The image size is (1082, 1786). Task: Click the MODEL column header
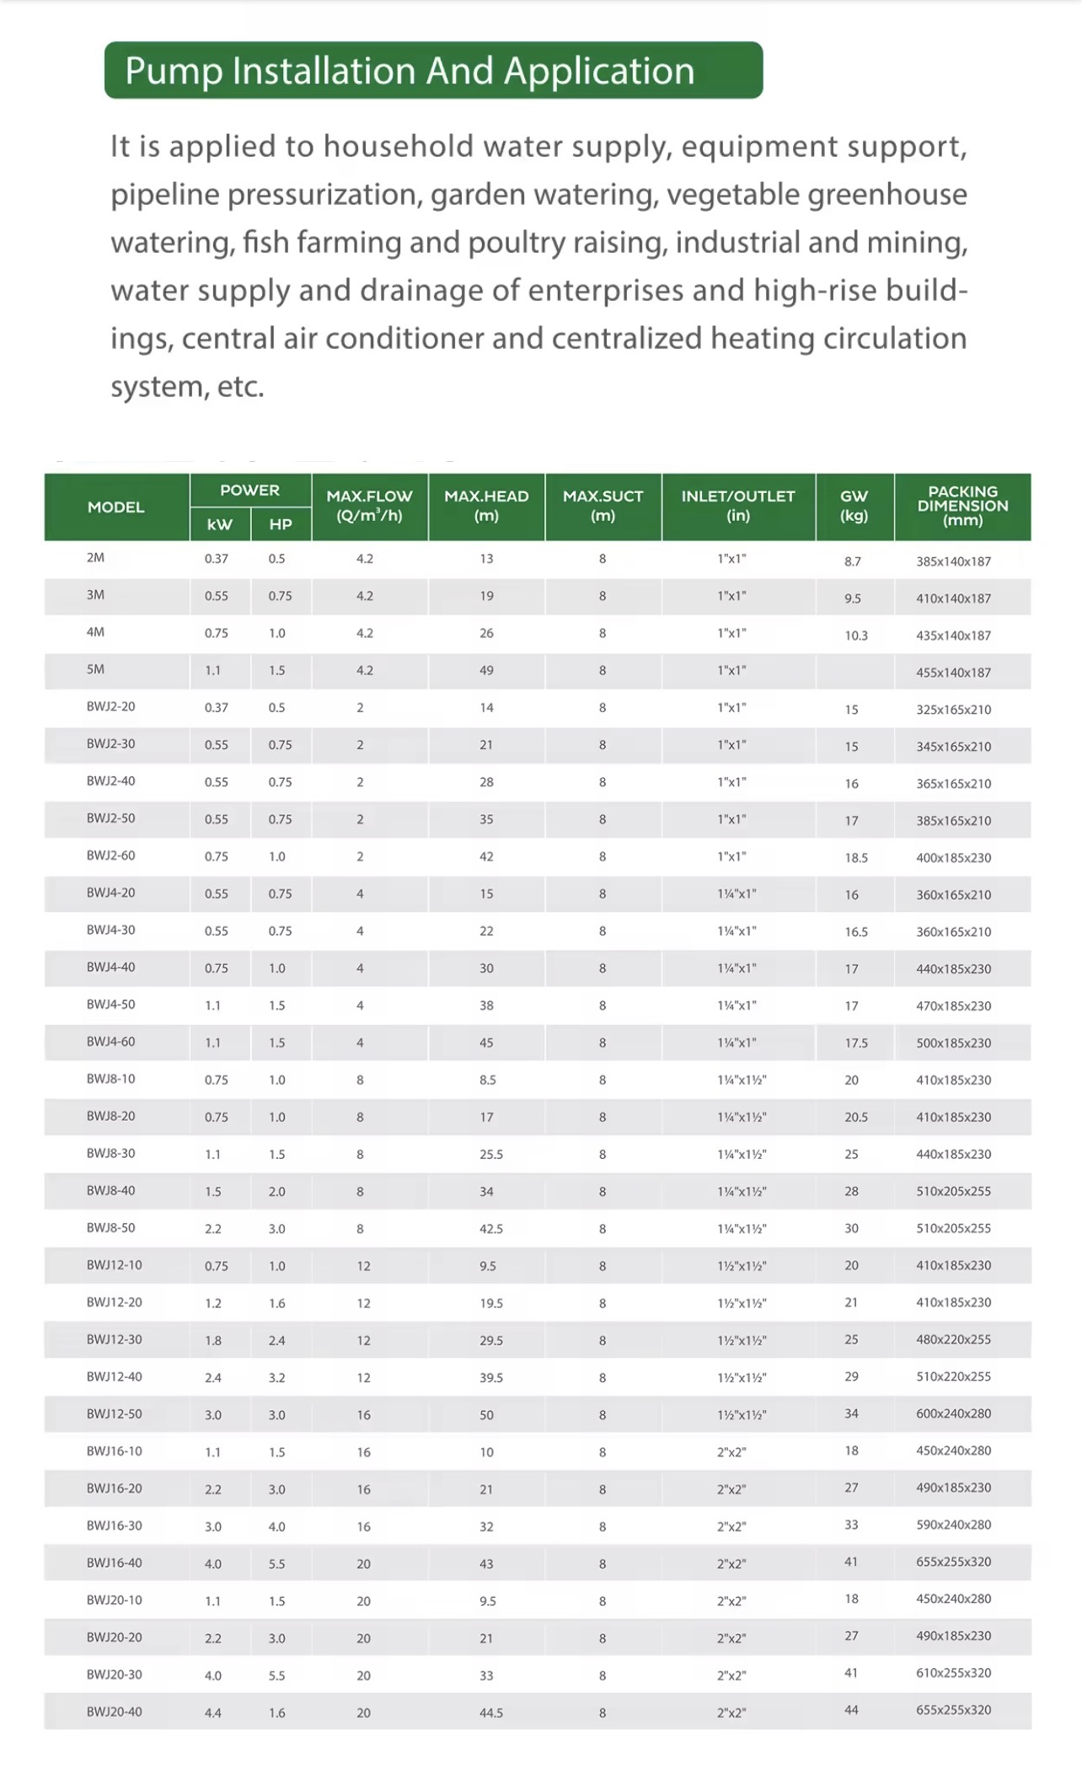point(116,507)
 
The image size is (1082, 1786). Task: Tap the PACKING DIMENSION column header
point(962,506)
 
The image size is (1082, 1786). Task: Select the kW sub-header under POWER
point(220,524)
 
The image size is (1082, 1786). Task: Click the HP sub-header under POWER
point(281,524)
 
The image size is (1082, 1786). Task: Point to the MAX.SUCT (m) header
point(603,506)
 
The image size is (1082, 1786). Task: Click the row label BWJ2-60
point(110,855)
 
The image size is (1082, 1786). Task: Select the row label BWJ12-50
point(114,1413)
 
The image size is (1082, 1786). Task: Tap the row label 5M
point(95,669)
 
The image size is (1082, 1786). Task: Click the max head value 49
point(486,671)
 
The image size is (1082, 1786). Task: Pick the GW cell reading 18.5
point(856,858)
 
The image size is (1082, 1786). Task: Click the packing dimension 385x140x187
point(953,561)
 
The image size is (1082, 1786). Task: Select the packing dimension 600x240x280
point(953,1413)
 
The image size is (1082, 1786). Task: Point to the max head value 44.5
point(490,1713)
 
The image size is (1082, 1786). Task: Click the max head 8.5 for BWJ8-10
point(487,1080)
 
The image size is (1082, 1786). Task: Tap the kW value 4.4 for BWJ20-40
point(212,1713)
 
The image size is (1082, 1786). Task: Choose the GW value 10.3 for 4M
point(856,636)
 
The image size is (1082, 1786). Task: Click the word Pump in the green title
point(173,71)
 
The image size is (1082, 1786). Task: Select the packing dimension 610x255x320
point(953,1673)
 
